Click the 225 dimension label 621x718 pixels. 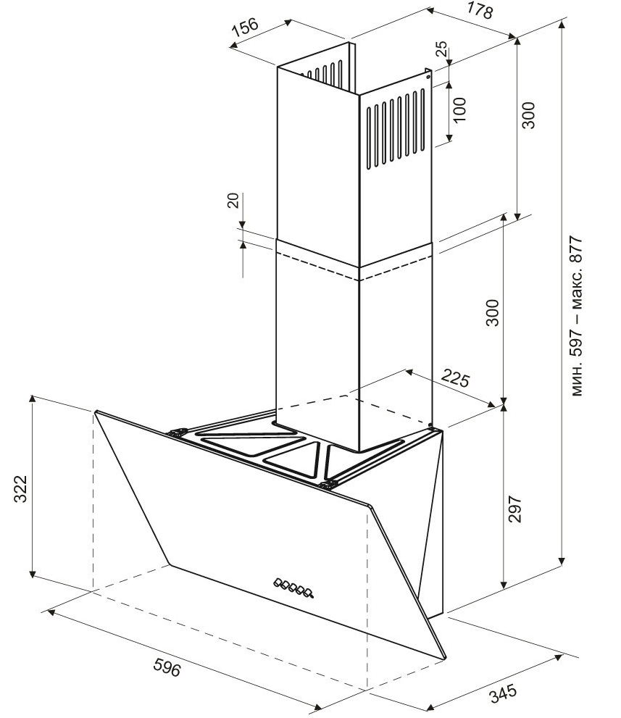(456, 379)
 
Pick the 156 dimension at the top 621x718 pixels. (245, 27)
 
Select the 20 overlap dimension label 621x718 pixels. (233, 201)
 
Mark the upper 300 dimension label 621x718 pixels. (528, 115)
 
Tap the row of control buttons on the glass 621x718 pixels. (294, 587)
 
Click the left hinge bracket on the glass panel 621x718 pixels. (176, 433)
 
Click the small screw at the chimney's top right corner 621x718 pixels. (429, 71)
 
